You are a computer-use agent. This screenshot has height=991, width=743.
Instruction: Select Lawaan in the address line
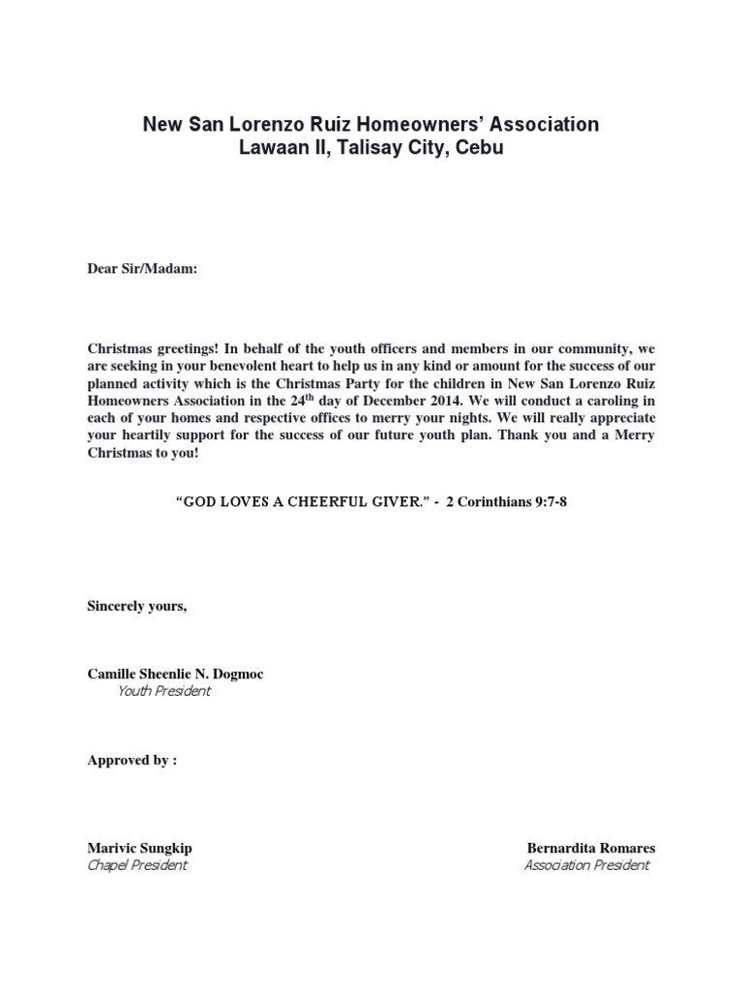273,148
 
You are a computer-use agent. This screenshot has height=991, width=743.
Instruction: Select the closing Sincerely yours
136,606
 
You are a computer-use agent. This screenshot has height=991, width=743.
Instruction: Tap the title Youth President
163,691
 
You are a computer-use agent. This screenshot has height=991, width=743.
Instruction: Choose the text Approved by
132,761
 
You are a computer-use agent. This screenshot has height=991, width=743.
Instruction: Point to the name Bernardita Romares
590,848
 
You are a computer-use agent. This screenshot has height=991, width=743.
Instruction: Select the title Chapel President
137,865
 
